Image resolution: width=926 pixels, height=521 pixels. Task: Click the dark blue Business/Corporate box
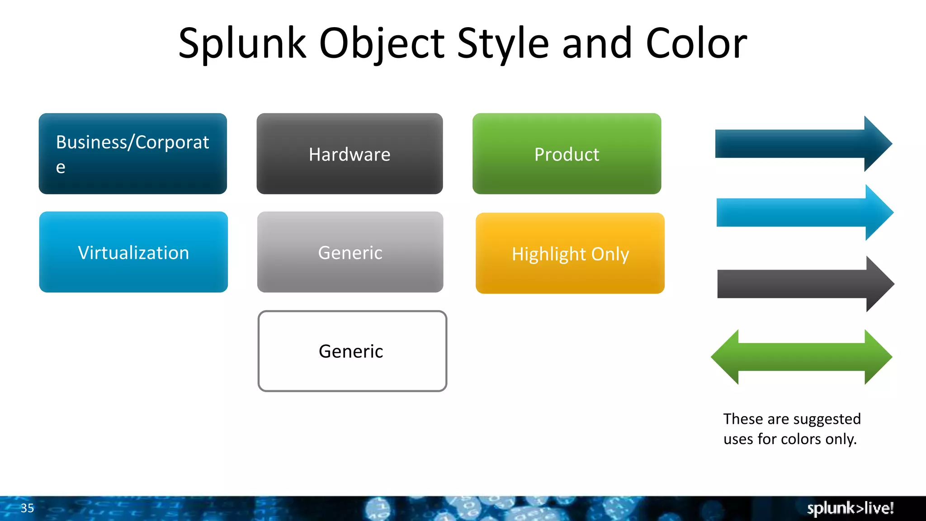132,154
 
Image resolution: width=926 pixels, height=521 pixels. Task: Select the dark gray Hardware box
350,154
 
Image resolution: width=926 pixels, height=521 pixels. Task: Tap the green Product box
567,154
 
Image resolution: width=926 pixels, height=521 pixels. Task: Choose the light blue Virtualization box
133,252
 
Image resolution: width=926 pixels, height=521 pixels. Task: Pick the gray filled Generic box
350,252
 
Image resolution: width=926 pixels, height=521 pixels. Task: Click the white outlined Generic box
352,351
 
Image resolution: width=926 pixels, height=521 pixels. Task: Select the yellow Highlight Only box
570,253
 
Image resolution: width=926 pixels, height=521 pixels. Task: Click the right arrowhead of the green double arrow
877,357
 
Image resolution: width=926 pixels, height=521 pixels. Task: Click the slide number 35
27,508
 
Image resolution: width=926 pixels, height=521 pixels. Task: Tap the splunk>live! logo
850,508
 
